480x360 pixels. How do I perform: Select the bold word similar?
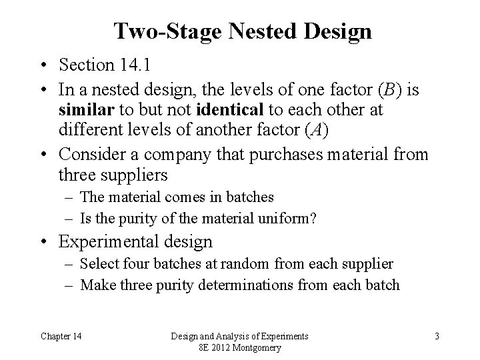point(83,109)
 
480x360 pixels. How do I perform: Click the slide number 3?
point(437,336)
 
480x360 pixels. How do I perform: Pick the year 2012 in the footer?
point(223,347)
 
